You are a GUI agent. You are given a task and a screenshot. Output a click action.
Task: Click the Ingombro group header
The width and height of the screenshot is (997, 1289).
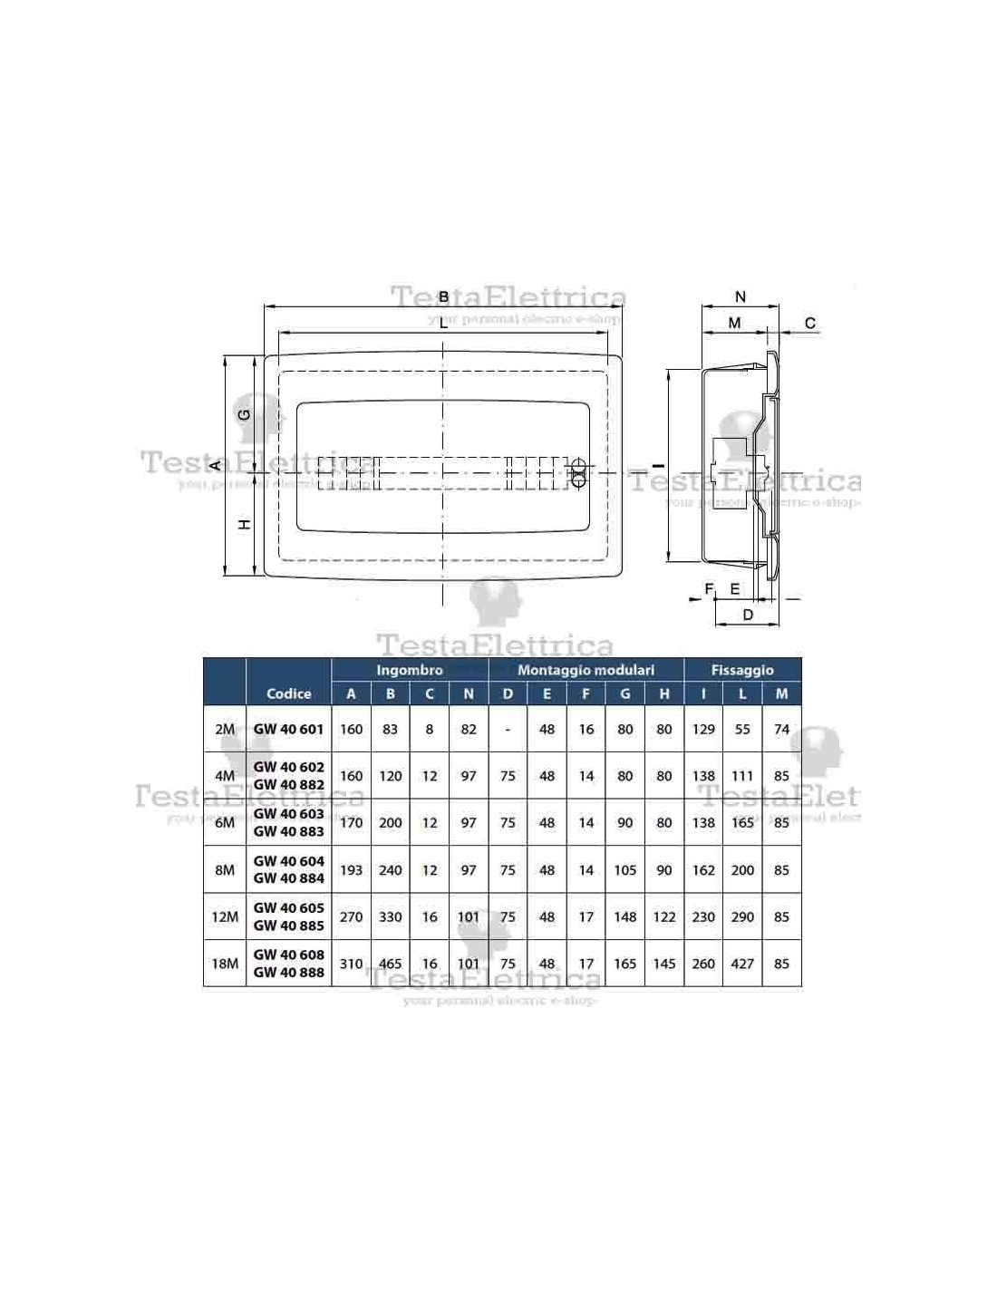pyautogui.click(x=410, y=670)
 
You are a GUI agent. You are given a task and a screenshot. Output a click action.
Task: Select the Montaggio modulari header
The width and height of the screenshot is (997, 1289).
pyautogui.click(x=586, y=670)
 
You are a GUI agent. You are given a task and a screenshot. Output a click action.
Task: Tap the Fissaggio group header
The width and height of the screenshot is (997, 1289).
pyautogui.click(x=742, y=670)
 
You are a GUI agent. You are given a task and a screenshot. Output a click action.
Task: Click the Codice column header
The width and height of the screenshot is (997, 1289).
pyautogui.click(x=289, y=693)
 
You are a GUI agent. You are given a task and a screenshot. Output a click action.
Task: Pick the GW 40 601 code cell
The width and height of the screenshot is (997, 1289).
pyautogui.click(x=289, y=729)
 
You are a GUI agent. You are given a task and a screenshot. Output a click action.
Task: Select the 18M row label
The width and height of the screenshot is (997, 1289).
pyautogui.click(x=225, y=964)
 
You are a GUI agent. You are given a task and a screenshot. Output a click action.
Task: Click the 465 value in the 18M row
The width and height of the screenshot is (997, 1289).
pyautogui.click(x=391, y=964)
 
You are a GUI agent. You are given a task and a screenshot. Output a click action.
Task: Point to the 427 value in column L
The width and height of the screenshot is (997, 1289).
pyautogui.click(x=742, y=964)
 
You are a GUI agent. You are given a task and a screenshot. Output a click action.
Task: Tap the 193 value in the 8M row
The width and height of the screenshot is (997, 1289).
pyautogui.click(x=351, y=869)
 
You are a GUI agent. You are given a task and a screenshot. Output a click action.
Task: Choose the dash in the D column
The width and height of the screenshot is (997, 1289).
pyautogui.click(x=508, y=730)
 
